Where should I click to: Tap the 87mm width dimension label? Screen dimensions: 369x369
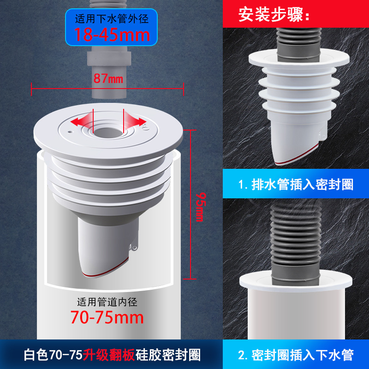coord(109,78)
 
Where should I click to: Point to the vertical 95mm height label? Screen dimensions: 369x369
coord(199,207)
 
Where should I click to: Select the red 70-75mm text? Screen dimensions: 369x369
coord(107,317)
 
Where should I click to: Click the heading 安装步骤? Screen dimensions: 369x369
coord(274,15)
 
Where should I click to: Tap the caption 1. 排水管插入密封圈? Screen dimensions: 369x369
coord(296,185)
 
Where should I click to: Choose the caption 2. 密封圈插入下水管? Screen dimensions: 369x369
coord(296,355)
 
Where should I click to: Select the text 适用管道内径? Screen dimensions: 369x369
coord(107,303)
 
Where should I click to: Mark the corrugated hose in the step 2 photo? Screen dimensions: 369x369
coord(295,240)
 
